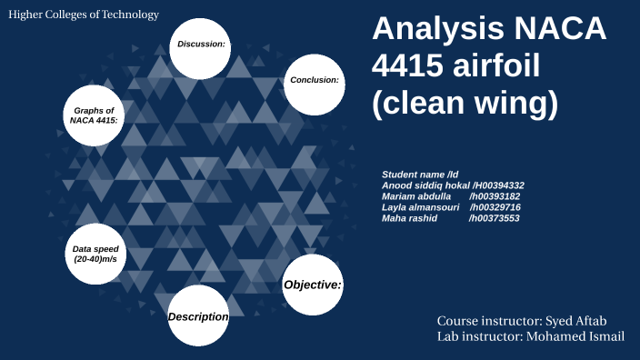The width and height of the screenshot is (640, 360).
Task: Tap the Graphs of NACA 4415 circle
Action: pos(95,115)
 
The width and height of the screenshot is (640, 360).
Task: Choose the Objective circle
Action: pos(313,285)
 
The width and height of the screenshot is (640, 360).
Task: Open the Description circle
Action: pos(198,316)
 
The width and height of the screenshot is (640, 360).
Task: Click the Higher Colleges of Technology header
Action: pos(83,15)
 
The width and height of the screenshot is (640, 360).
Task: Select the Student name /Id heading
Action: pos(420,174)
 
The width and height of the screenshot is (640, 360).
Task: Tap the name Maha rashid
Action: pos(410,218)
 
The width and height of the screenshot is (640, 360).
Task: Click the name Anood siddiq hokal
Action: pos(425,185)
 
